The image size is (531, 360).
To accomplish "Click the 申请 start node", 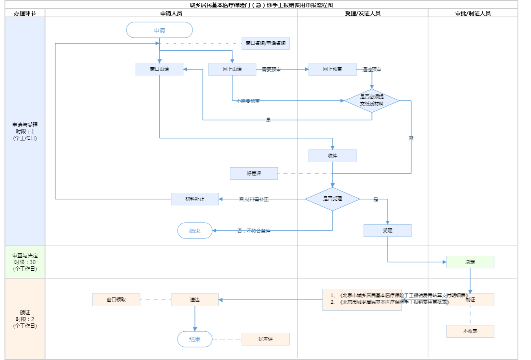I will coord(159,30).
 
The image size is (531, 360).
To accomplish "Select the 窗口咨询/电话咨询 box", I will coord(265,43).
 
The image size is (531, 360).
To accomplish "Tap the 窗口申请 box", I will coord(159,69).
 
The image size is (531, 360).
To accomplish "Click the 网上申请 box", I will coord(232,69).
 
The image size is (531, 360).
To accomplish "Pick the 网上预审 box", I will coord(332,69).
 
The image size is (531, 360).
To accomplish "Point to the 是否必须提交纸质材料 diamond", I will coord(372,101).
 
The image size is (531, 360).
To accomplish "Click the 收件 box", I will coord(332,156).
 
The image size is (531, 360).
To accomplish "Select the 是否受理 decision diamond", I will coord(332,199).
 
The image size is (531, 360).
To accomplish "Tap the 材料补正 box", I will coord(195,199).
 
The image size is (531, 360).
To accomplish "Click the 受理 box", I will coord(387,231).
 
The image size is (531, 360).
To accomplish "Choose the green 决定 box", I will coord(470,262).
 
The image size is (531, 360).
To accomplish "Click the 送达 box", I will coord(195,300).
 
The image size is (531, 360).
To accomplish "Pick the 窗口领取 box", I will coord(116,300).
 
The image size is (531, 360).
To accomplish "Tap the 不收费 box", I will coord(470,331).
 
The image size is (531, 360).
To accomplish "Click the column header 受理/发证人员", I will coord(363,13).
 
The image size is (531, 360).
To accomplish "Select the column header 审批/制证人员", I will coord(473,13).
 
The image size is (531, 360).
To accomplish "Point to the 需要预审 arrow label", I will coord(271,70).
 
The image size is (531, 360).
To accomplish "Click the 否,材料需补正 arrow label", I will coord(254,199).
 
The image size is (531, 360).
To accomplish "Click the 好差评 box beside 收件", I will coord(254,174).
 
